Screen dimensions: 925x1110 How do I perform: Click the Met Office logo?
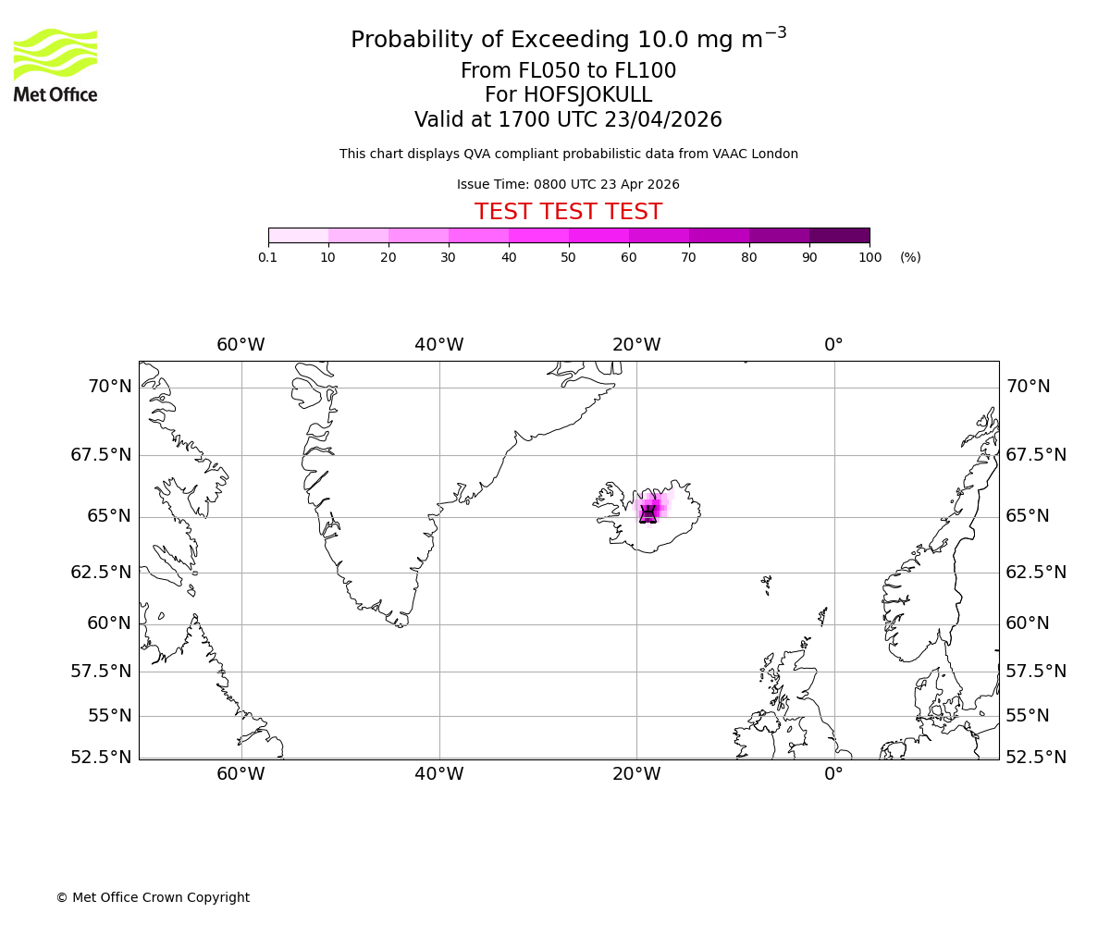pos(55,65)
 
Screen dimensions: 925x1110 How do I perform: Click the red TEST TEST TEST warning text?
pos(568,213)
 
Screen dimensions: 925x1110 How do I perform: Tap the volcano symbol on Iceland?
pos(647,514)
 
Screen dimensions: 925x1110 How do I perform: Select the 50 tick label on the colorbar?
pos(568,257)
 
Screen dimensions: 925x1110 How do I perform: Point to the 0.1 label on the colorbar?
pos(268,257)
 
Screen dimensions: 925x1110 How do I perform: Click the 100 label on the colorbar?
pos(869,257)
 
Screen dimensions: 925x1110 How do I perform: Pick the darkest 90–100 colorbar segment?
pos(839,235)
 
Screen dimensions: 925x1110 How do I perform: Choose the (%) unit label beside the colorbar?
pos(910,257)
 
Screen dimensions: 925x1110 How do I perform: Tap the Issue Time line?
pos(568,185)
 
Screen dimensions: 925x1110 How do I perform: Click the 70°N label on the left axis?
pos(110,387)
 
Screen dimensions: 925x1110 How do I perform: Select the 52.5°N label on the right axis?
pos(1035,758)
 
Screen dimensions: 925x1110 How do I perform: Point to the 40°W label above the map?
pos(438,345)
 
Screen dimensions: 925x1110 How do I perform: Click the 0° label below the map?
pos(833,774)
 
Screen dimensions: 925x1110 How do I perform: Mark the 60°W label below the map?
pos(240,774)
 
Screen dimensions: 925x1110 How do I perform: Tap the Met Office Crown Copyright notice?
pos(153,898)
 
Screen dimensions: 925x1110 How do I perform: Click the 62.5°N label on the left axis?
pos(101,573)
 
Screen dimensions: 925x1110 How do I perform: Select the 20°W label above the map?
pos(636,345)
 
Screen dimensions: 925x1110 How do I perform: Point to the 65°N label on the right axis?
pos(1028,516)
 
